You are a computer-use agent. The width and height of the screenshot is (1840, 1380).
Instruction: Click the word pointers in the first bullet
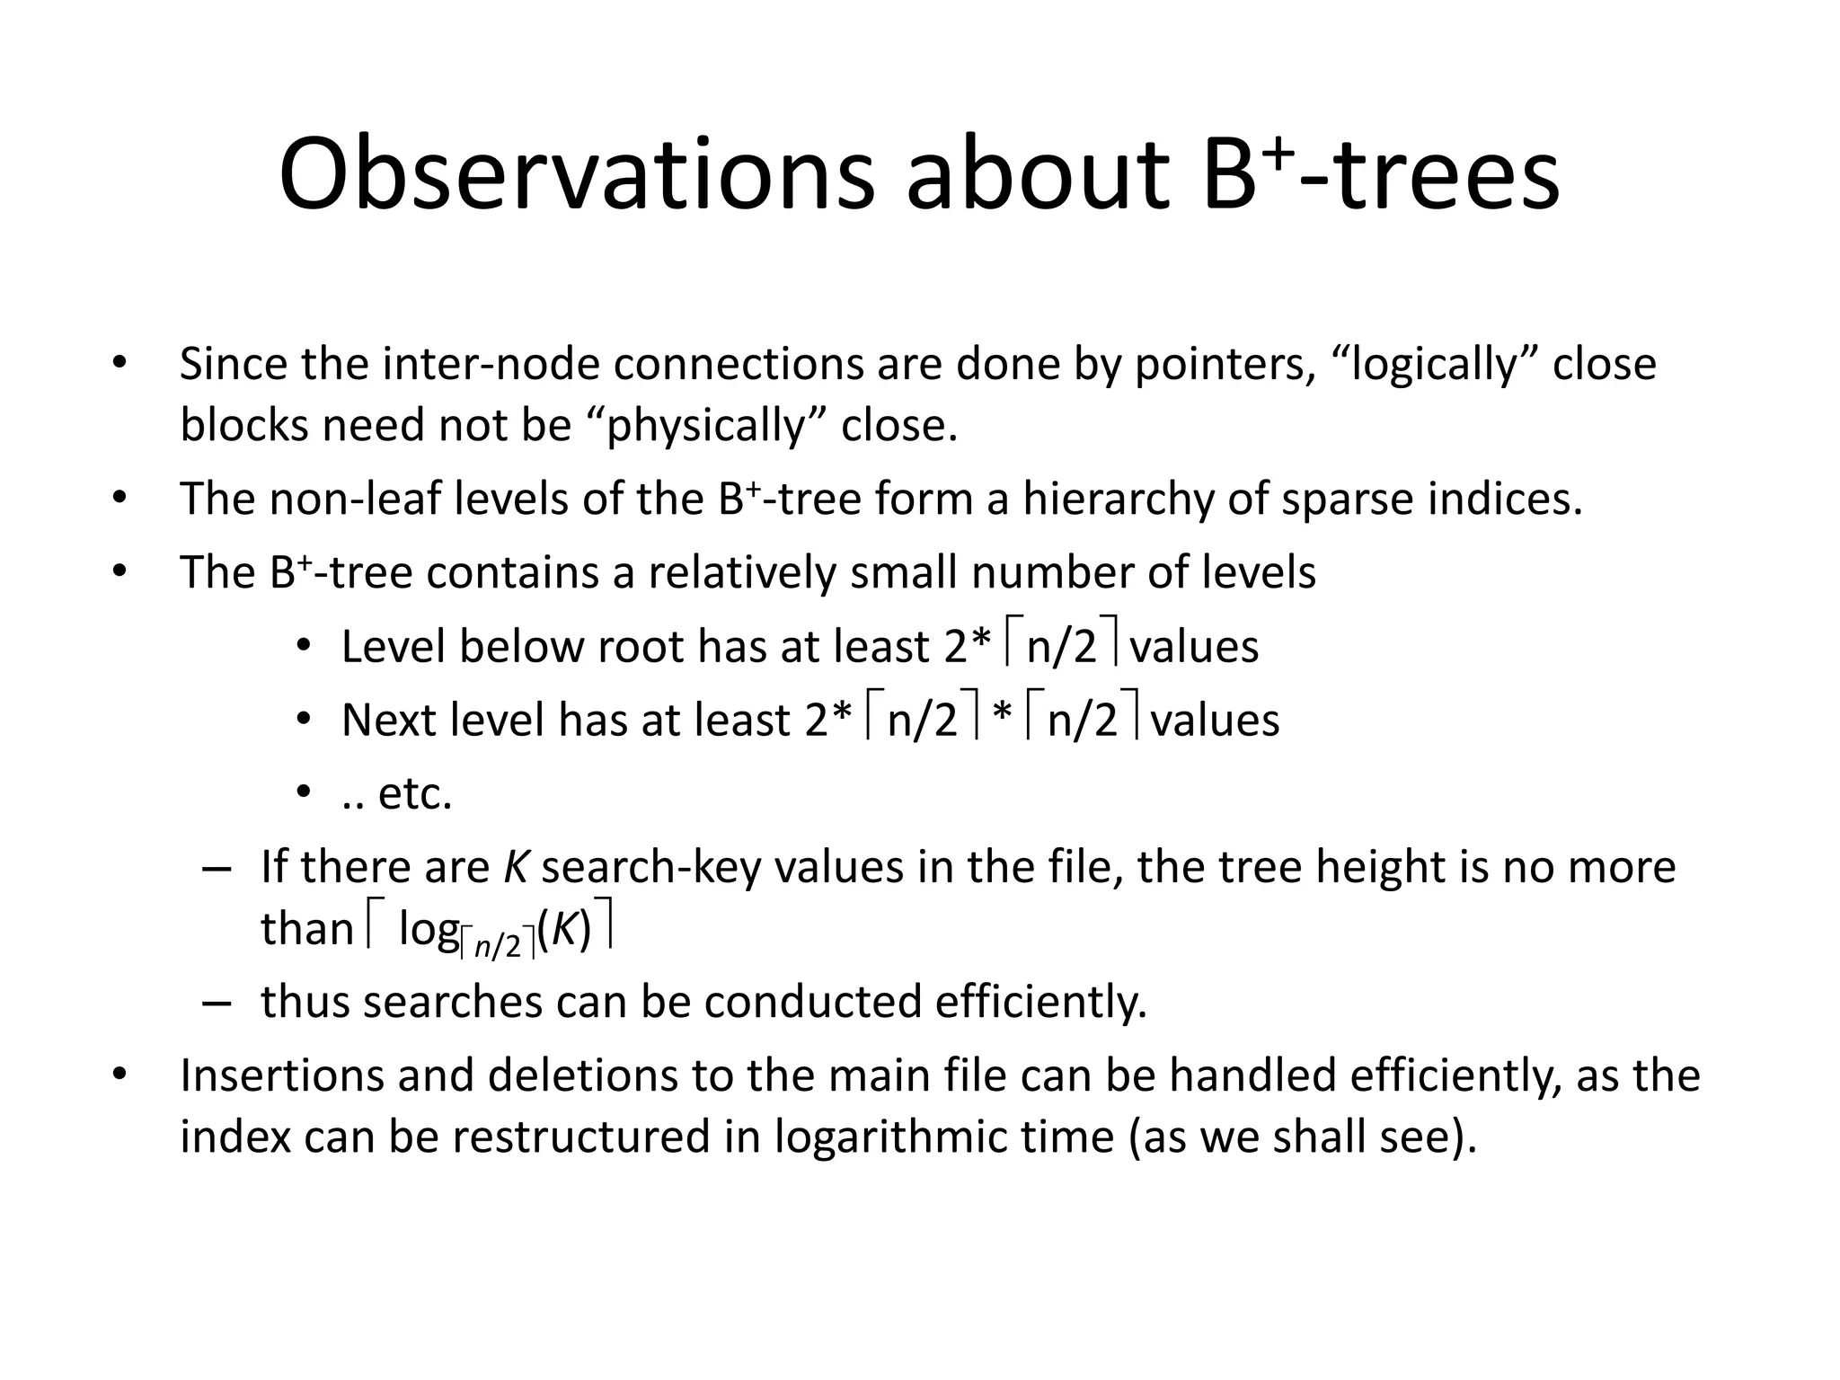[1218, 366]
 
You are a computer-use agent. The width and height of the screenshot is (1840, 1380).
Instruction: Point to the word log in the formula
[429, 929]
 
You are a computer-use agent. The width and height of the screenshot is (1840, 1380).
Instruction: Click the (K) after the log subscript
[565, 929]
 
